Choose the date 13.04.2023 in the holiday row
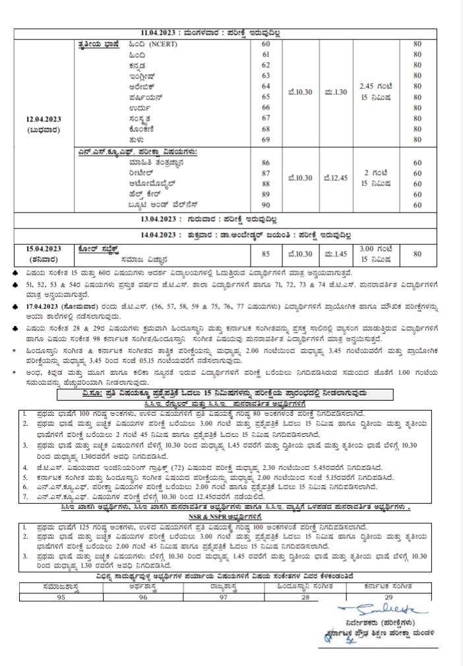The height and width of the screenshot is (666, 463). (169, 220)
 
